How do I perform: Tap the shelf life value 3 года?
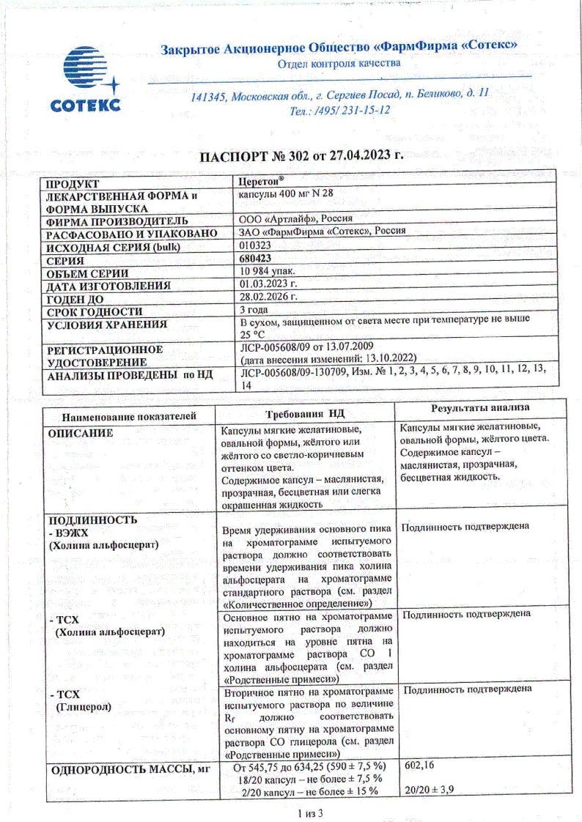tap(256, 310)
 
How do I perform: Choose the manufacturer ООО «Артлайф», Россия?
tap(296, 219)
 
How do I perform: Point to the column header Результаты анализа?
tap(481, 407)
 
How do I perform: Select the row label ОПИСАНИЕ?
tap(81, 433)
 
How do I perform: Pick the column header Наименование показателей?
tap(129, 415)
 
